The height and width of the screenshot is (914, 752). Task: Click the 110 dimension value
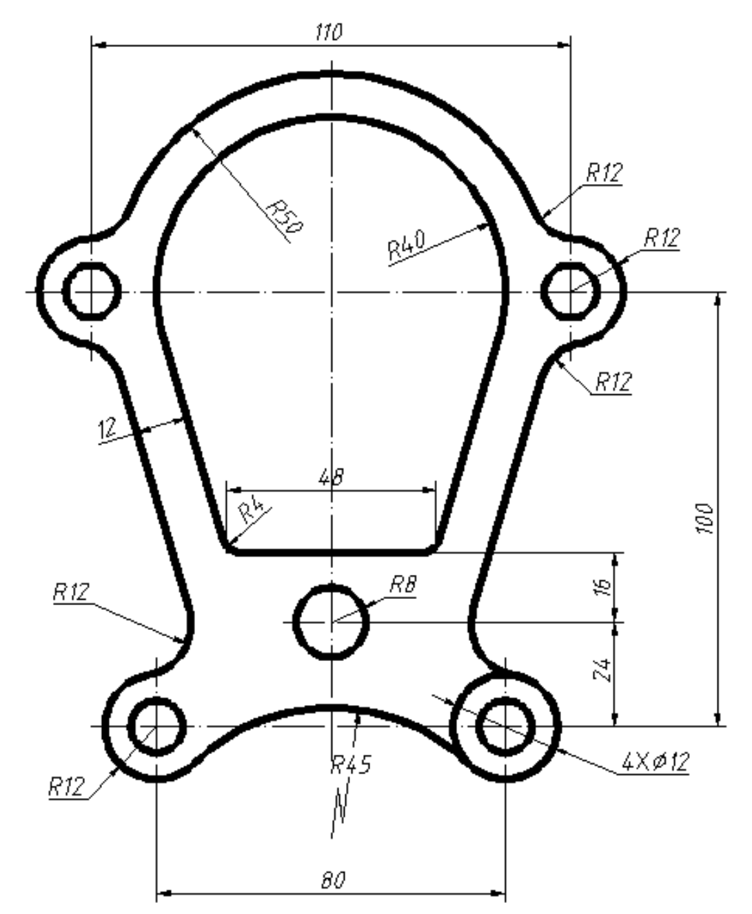point(329,32)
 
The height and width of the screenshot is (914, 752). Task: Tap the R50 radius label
point(284,216)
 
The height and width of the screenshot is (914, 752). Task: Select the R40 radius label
point(407,245)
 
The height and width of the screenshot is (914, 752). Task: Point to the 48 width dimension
point(332,477)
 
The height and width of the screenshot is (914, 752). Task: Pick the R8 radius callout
point(403,585)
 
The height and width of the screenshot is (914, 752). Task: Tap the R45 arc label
point(351,764)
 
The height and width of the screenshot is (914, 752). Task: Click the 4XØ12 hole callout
point(656,762)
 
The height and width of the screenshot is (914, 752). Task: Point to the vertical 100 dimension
point(704,519)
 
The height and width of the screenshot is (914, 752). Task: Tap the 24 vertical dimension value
point(602,670)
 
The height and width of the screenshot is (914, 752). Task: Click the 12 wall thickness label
point(107,428)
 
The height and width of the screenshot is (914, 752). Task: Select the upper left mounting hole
point(92,292)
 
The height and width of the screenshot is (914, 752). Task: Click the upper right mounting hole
point(571,292)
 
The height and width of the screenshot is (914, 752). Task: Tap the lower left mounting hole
point(156,727)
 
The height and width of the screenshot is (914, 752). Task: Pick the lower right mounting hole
point(505,727)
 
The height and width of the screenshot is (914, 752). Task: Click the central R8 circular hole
point(331,622)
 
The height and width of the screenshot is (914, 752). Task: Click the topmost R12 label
point(604,172)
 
